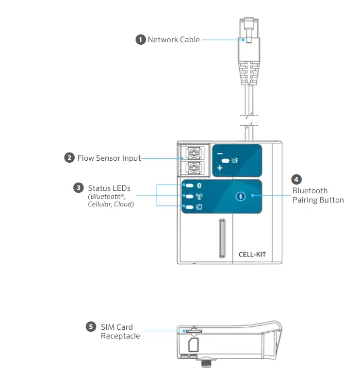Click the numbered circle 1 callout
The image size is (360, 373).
140,40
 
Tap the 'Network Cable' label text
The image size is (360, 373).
174,40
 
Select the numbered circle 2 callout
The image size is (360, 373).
70,158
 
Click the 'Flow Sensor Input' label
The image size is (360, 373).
109,158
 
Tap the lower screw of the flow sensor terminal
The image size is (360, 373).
194,169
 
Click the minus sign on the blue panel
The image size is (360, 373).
220,151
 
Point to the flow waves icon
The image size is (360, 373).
235,160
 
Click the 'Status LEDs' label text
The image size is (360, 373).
109,188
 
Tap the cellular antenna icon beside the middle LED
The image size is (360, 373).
198,197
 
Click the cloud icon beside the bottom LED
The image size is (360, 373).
198,208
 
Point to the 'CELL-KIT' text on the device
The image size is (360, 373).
252,254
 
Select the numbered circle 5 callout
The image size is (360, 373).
90,327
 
